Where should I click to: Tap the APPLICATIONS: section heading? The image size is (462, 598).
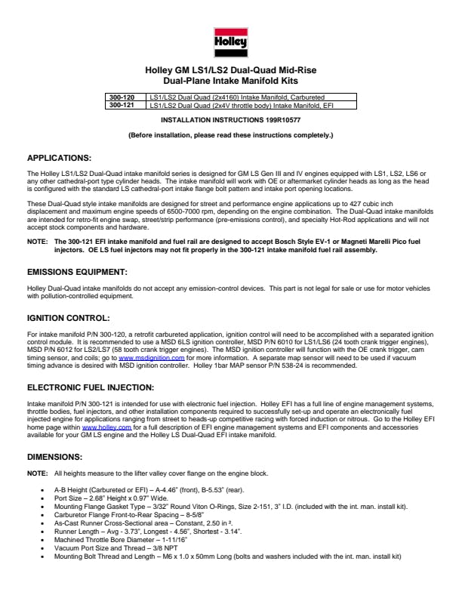(59, 158)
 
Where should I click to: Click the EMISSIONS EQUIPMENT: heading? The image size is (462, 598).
(77, 270)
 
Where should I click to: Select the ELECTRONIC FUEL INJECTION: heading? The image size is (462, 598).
(91, 387)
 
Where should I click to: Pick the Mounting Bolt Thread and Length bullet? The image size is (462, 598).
(226, 556)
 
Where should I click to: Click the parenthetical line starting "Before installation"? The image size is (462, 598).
(231, 135)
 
